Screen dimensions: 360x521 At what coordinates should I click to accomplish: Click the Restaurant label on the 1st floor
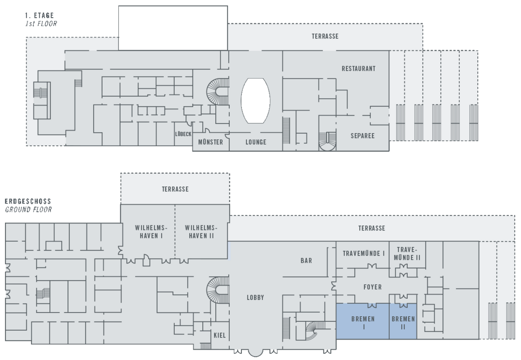click(x=358, y=68)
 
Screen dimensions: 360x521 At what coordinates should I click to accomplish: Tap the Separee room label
click(x=363, y=136)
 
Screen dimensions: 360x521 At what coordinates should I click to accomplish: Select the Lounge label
click(x=256, y=142)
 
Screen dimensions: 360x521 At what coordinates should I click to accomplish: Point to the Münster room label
click(x=211, y=142)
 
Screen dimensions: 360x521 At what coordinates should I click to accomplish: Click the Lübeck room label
click(x=183, y=134)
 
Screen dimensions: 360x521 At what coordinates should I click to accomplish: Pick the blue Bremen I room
click(x=363, y=323)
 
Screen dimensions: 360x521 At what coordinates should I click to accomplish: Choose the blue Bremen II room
click(x=403, y=323)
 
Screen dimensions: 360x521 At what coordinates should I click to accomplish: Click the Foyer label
click(x=372, y=287)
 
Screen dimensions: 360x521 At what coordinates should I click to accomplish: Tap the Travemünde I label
click(x=363, y=254)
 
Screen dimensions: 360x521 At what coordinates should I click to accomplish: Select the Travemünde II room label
click(x=407, y=254)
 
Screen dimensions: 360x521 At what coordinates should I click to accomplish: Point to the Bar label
click(x=306, y=261)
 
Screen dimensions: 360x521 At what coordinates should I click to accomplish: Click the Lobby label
click(x=255, y=298)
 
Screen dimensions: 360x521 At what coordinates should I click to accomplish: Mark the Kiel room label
click(x=219, y=335)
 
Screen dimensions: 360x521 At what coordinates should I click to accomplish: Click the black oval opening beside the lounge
click(x=255, y=101)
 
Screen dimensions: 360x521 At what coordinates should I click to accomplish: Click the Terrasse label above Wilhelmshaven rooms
click(x=175, y=189)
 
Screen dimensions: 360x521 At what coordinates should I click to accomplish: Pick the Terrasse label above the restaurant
click(x=325, y=36)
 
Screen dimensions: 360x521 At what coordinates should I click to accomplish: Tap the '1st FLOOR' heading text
click(x=41, y=23)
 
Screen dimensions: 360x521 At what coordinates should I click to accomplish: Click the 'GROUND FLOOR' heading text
click(x=28, y=210)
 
